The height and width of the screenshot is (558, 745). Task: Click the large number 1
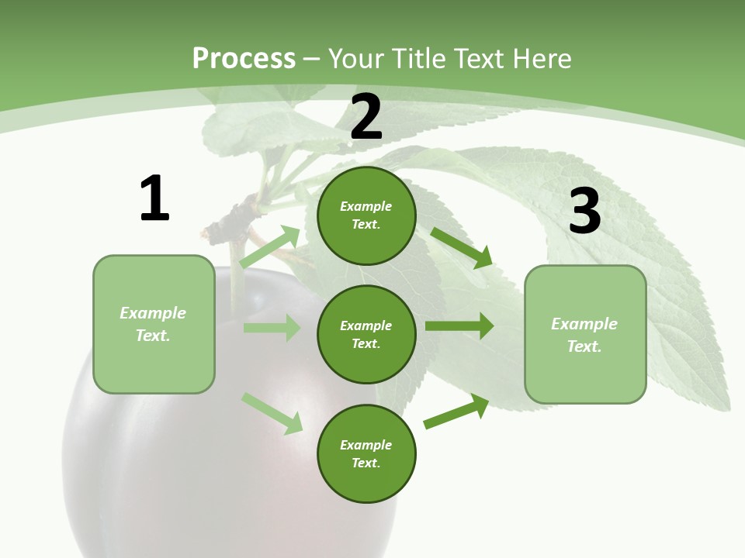click(154, 198)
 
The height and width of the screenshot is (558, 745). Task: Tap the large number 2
click(366, 117)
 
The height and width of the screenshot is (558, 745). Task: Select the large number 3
click(584, 212)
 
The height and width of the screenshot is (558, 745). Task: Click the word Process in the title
click(244, 58)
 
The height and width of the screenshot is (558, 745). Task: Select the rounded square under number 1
click(154, 324)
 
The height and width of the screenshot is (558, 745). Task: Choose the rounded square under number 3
click(585, 334)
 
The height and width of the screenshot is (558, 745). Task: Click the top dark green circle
click(366, 215)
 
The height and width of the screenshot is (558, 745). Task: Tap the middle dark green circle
click(366, 334)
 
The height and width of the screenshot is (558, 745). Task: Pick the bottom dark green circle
click(366, 453)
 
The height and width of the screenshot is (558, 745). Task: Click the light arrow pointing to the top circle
click(270, 246)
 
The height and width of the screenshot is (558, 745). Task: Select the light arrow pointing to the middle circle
click(272, 328)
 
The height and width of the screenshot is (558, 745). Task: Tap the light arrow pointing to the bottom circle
click(272, 413)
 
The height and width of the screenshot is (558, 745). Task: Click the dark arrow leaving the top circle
click(462, 247)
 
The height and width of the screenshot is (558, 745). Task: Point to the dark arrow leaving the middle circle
click(459, 326)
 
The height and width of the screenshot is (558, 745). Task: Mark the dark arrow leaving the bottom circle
click(456, 412)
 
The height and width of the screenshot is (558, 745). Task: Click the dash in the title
click(312, 59)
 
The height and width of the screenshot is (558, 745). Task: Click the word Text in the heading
click(478, 58)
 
